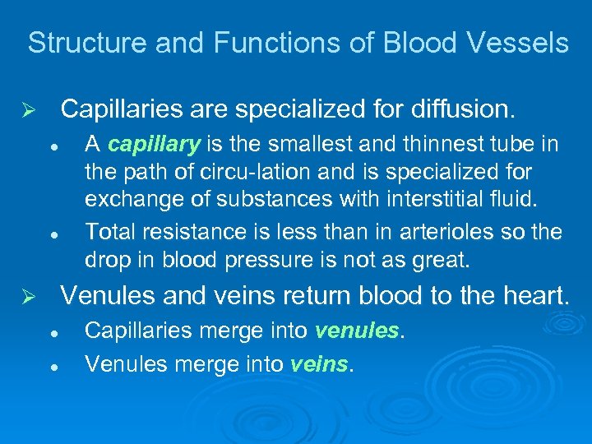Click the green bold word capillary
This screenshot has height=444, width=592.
(154, 146)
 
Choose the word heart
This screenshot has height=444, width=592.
(535, 294)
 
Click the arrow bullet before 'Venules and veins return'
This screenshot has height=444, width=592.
(31, 296)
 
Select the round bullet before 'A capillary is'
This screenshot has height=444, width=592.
(52, 146)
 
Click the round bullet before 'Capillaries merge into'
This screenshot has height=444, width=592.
(52, 332)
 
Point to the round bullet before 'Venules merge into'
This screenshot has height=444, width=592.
(52, 363)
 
